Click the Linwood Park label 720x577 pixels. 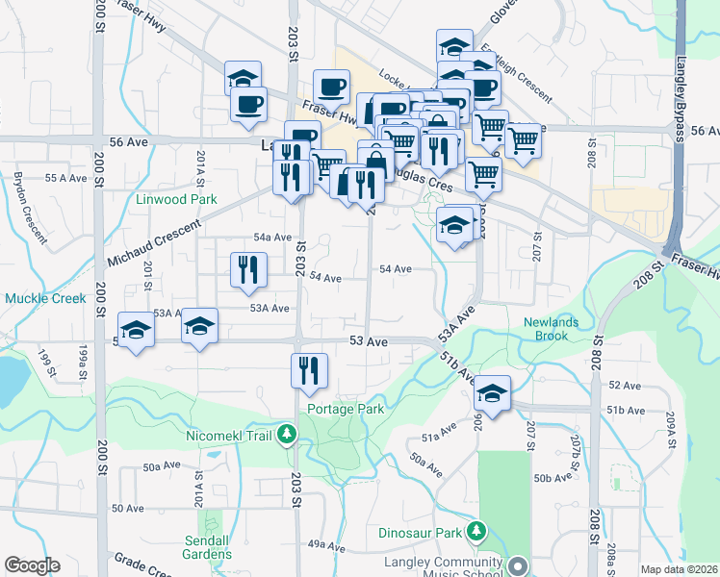point(176,199)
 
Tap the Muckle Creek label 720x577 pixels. point(45,298)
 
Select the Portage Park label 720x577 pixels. point(346,409)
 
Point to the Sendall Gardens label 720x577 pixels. point(207,547)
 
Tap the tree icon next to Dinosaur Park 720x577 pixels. point(475,532)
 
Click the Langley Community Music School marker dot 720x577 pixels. point(518,566)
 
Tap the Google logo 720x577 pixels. point(32,565)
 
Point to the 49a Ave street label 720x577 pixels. point(326,544)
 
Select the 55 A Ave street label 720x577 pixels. point(66,178)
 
